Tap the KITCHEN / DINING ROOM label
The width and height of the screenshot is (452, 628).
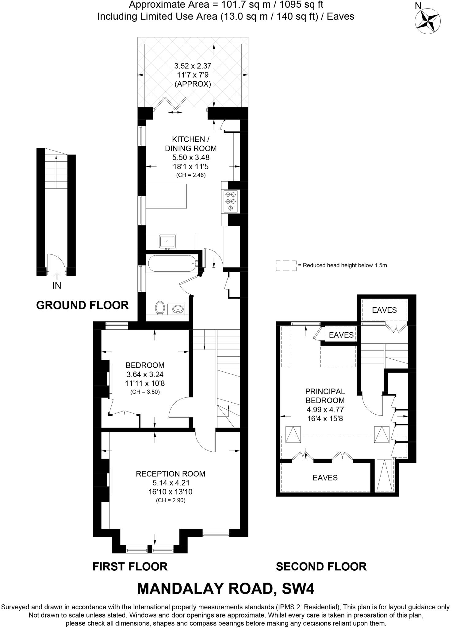coord(191,144)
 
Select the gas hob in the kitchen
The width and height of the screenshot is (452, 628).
coord(231,201)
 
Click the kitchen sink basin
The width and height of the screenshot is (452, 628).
coord(167,241)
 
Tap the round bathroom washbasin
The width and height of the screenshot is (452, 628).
coord(177,309)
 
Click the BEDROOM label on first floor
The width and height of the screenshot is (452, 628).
coord(145,365)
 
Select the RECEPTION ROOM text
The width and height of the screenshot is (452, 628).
coord(170,474)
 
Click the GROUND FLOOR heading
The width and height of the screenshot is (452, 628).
coord(82,305)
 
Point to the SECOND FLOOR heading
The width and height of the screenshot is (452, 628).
coord(321,566)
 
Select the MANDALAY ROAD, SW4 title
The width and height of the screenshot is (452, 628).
coord(226,588)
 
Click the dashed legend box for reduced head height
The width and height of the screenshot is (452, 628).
coord(286,266)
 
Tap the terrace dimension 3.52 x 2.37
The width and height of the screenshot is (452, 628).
coord(193,66)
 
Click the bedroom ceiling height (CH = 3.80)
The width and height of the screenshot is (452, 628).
coord(145,392)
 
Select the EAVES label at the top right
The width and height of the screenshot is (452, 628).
coord(384,310)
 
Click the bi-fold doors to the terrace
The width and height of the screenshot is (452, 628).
coord(170,103)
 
